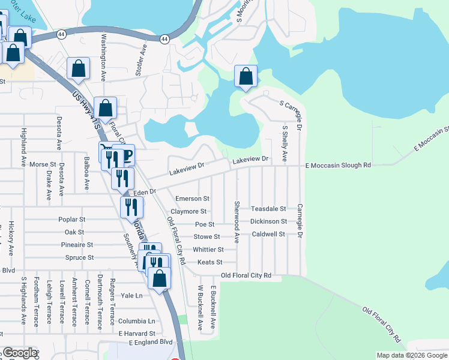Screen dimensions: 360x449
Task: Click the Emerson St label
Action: pos(192,199)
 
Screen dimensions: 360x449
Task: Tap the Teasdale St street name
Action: pos(268,209)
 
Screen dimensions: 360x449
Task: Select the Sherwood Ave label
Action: pos(237,222)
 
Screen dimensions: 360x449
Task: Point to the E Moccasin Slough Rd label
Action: pos(338,165)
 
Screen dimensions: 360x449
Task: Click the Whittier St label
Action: pos(208,250)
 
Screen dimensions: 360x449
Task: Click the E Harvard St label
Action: pos(137,333)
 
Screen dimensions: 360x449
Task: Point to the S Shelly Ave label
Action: pos(285,144)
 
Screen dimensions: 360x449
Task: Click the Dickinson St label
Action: pos(268,221)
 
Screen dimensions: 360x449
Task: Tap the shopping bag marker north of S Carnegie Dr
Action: pos(246,76)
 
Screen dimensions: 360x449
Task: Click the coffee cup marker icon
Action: pos(126,155)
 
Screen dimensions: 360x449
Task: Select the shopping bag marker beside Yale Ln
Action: pos(159,278)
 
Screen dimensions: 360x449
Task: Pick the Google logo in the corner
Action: pos(20,353)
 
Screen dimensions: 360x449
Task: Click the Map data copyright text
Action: pos(412,355)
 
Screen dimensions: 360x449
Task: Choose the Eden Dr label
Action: pos(145,192)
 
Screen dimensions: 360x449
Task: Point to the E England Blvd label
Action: pos(150,343)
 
